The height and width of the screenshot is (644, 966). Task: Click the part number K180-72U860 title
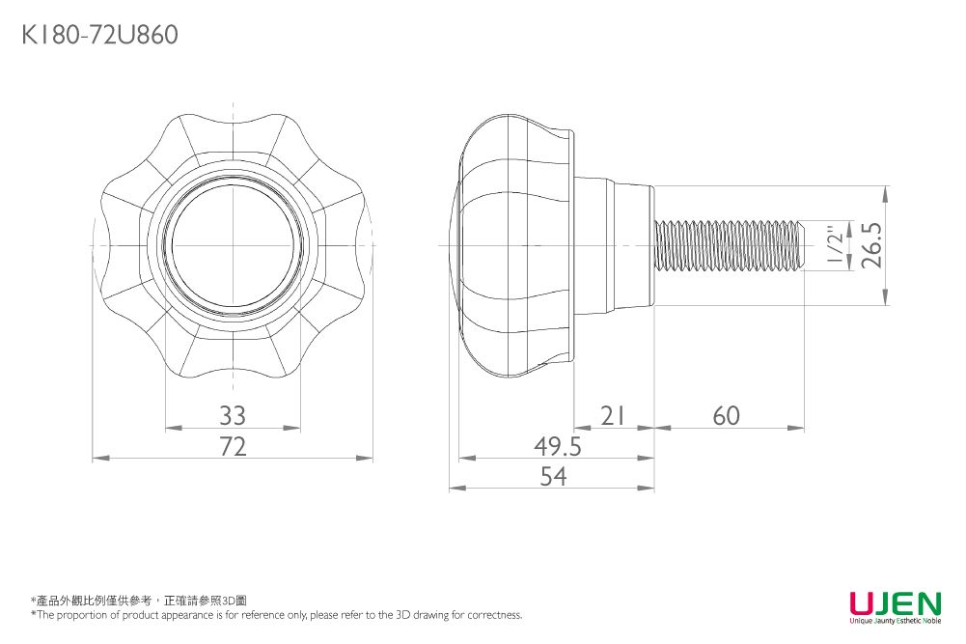(99, 35)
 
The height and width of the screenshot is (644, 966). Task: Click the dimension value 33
(233, 416)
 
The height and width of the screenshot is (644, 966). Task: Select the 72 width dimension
(233, 446)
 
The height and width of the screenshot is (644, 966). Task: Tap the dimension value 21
(613, 416)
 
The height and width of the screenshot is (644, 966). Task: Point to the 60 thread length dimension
(727, 416)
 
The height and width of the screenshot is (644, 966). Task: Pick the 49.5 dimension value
(558, 446)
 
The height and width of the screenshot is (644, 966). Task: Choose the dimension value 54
(553, 476)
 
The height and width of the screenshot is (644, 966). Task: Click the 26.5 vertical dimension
(872, 245)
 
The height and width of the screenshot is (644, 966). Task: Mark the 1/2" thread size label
(834, 245)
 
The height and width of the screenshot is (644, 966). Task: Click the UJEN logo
(896, 602)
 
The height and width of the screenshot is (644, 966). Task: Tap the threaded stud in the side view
(730, 245)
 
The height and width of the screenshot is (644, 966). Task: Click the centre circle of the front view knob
(233, 245)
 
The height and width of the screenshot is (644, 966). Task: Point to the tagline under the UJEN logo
(896, 621)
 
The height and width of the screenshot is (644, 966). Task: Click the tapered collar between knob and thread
(614, 245)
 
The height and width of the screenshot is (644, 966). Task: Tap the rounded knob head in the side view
(513, 245)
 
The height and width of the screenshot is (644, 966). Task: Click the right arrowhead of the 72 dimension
(366, 458)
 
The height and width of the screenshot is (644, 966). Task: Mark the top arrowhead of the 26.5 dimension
(885, 193)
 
